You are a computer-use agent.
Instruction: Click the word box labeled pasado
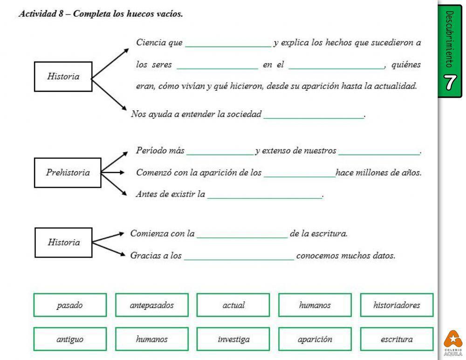coord(70,305)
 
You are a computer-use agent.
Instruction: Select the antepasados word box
coord(152,305)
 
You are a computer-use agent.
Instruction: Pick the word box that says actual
coord(233,305)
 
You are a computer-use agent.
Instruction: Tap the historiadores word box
coord(397,305)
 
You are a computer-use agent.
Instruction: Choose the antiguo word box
coord(70,340)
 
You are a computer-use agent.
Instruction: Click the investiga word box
coord(233,340)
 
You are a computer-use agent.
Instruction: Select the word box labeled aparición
coord(315,340)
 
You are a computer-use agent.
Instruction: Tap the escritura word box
coord(397,340)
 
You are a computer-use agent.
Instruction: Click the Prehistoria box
coord(68,173)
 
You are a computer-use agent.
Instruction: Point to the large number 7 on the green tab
coord(449,82)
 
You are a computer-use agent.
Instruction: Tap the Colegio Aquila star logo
coord(453,340)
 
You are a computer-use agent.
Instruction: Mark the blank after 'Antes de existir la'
coord(265,196)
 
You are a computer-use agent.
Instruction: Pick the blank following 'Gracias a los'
coord(239,257)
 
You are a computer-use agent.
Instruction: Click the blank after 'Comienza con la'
coord(242,235)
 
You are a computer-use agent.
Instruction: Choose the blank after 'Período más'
coord(220,152)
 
